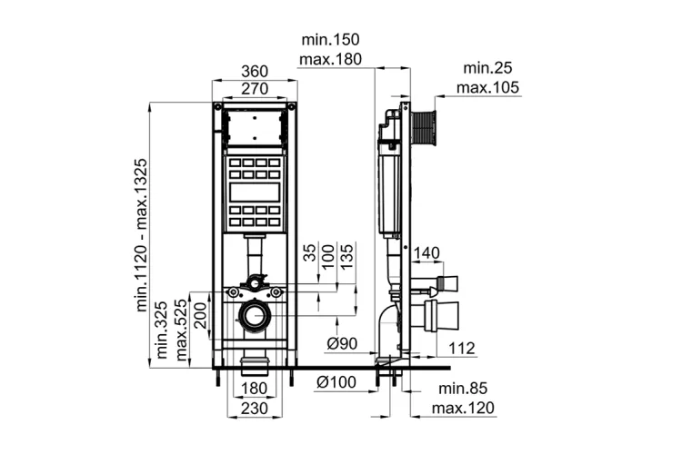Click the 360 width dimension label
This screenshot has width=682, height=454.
tap(255, 71)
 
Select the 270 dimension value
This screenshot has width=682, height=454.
tap(255, 89)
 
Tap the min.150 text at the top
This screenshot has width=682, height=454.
tap(331, 40)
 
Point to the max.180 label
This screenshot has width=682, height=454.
tap(331, 59)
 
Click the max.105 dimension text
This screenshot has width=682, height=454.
tap(488, 87)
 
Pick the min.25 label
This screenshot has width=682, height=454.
tap(488, 68)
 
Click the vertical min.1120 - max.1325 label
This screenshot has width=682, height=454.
tap(142, 235)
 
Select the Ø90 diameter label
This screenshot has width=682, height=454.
tap(342, 343)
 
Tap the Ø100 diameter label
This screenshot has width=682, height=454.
tap(336, 382)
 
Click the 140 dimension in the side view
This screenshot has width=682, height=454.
tap(426, 252)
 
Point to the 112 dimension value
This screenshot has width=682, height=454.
tap(462, 348)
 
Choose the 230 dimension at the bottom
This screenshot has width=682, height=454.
tap(255, 409)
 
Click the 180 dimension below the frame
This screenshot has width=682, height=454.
tap(255, 388)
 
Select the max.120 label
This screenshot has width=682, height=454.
tap(463, 408)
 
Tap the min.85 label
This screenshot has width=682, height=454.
tap(463, 389)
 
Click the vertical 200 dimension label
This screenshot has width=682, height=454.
tap(201, 316)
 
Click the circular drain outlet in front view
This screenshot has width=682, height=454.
tap(254, 315)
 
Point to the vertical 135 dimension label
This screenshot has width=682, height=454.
tap(347, 256)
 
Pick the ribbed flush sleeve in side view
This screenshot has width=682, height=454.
tap(423, 128)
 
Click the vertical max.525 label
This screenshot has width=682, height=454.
tap(181, 330)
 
